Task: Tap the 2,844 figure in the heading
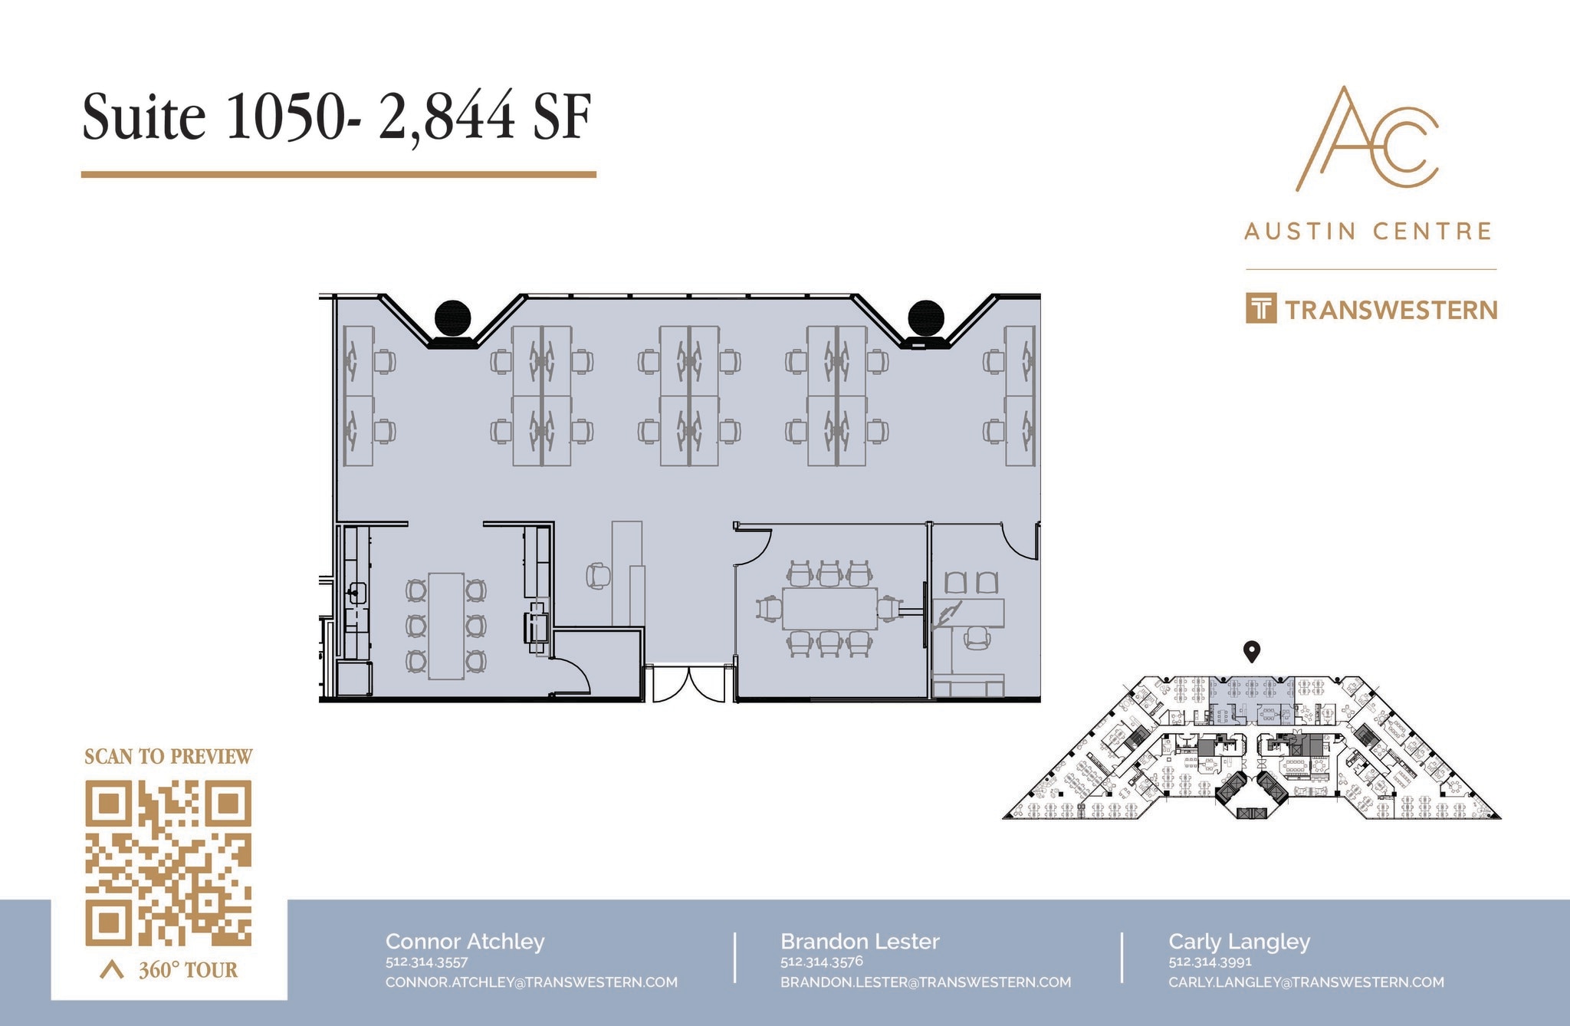(x=446, y=117)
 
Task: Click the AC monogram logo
(x=1367, y=139)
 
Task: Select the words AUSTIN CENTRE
(x=1368, y=231)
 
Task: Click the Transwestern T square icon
(x=1260, y=308)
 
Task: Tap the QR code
(x=168, y=862)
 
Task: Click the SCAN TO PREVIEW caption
(x=168, y=757)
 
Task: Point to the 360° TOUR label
(x=187, y=970)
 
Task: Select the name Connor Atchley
(x=465, y=941)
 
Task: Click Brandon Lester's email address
(x=925, y=982)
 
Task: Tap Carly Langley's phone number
(x=1209, y=962)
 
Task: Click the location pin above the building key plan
(x=1251, y=652)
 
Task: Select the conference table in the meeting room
(x=829, y=609)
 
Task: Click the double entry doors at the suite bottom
(x=688, y=683)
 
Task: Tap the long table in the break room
(x=445, y=625)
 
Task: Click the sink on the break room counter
(x=356, y=593)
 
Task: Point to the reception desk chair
(x=598, y=575)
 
